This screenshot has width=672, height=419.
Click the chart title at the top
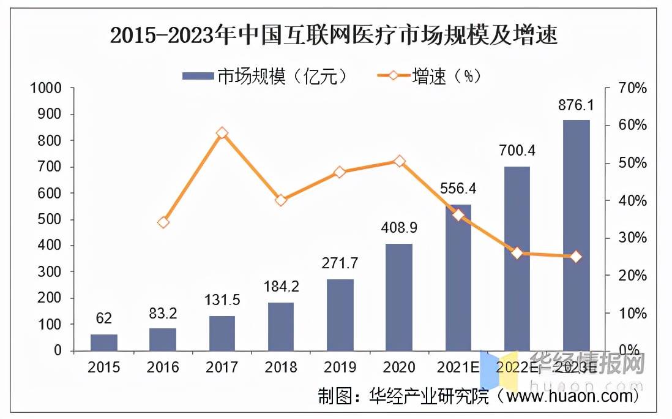coord(334,35)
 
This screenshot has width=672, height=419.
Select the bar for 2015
coord(103,342)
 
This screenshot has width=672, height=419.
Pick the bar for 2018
coord(281,327)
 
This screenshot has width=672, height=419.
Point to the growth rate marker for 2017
coord(222,133)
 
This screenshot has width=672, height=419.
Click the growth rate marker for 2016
coord(163,222)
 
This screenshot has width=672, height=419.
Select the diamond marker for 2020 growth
coord(399,161)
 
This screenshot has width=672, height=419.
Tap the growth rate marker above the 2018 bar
coord(281,200)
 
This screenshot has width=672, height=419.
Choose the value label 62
coord(103,319)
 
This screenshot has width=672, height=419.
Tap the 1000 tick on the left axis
coord(47,88)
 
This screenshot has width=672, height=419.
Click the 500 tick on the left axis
coord(50,219)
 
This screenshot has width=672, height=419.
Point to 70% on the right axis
coord(630,88)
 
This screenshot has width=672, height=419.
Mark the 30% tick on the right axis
coord(630,238)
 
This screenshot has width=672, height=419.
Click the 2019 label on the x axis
coord(340,368)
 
